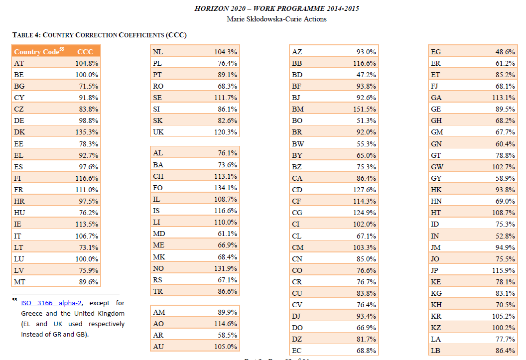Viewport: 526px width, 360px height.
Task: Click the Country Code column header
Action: [36, 52]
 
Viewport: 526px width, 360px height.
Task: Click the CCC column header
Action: [85, 52]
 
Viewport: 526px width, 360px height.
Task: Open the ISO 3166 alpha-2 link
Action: [51, 303]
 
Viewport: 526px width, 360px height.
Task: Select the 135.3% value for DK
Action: [87, 132]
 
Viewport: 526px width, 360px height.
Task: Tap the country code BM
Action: [297, 109]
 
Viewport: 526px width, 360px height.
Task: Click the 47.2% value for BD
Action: [366, 75]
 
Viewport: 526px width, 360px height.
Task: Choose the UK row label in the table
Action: [158, 132]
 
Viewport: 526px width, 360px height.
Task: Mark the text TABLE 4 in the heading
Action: [26, 35]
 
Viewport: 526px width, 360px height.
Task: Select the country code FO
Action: [158, 188]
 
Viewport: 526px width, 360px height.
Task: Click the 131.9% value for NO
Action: [226, 268]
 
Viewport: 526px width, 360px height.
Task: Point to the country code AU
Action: [158, 347]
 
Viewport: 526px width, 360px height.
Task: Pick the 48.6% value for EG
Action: [505, 52]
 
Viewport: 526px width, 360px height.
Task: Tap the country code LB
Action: [435, 351]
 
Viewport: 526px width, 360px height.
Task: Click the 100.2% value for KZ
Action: [504, 328]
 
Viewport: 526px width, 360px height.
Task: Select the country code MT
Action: [19, 282]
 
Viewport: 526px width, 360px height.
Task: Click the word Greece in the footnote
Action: [31, 313]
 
